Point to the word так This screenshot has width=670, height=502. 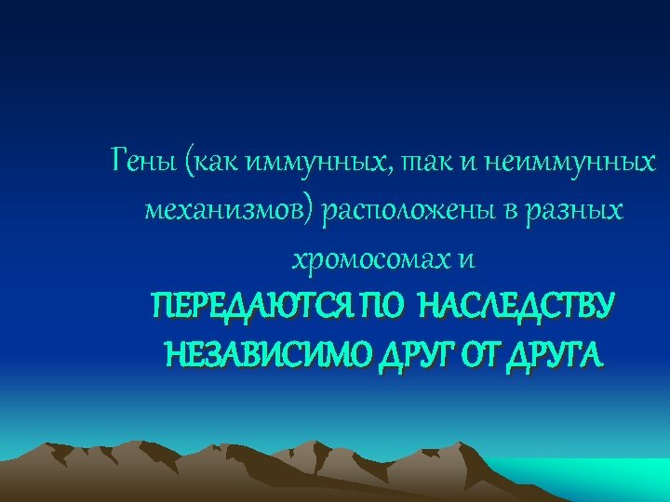pyautogui.click(x=420, y=165)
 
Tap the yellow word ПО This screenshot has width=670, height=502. pyautogui.click(x=379, y=306)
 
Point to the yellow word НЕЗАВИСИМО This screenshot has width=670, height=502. pyautogui.click(x=253, y=353)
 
